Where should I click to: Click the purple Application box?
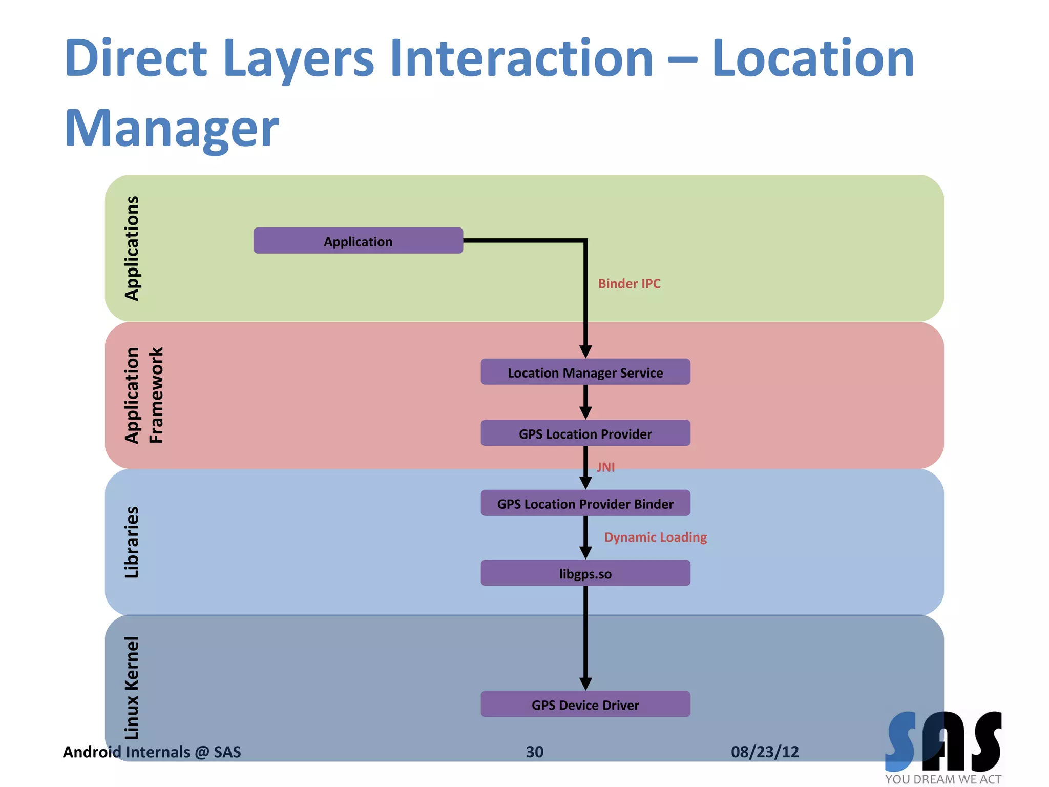tap(358, 241)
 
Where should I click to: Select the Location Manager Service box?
tap(585, 372)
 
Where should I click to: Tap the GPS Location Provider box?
tap(585, 433)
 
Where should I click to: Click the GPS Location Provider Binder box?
tap(585, 503)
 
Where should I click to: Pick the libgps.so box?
tap(585, 573)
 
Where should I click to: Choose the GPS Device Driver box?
tap(585, 705)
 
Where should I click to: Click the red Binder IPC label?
tap(629, 283)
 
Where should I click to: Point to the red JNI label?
tap(605, 467)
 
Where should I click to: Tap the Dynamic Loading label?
tap(655, 537)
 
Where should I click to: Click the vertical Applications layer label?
tap(132, 248)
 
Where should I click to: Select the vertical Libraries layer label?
tap(132, 542)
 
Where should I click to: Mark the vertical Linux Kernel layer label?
tap(132, 688)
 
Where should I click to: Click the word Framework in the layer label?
tap(156, 395)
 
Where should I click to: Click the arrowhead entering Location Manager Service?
tap(585, 351)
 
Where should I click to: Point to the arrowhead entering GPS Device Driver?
tap(585, 684)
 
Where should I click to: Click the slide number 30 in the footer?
tap(534, 752)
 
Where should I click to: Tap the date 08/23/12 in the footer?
tap(765, 752)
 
